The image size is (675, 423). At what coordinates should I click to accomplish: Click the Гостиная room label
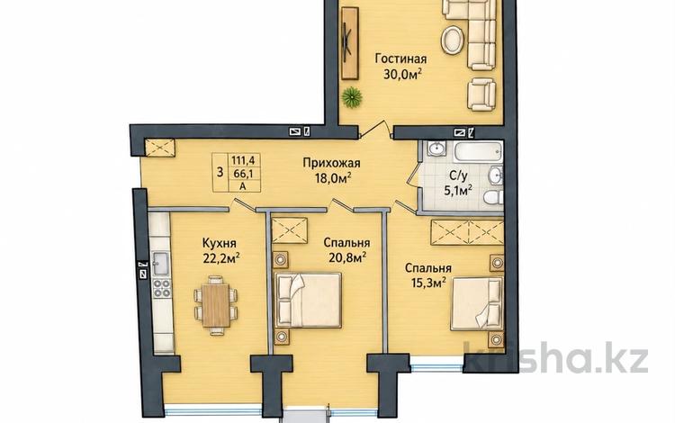click(x=400, y=58)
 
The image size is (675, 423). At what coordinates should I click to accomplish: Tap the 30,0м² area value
click(x=402, y=75)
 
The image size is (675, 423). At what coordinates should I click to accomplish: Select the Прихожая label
click(x=331, y=163)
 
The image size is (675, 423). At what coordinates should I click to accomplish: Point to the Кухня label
click(x=219, y=243)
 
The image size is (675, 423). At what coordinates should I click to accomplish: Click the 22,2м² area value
click(x=220, y=258)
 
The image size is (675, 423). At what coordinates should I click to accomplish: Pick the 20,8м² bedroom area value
click(x=347, y=257)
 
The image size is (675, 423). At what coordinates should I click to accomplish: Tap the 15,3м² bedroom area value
click(x=427, y=283)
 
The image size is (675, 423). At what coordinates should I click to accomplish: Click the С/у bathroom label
click(x=458, y=175)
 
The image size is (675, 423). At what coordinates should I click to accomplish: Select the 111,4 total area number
click(x=243, y=160)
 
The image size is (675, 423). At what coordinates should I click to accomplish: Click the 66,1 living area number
click(x=243, y=173)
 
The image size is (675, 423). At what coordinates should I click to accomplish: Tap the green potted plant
click(x=352, y=97)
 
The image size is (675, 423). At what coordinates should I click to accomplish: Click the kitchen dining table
click(x=216, y=305)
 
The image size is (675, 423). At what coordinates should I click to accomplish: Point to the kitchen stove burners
click(x=162, y=288)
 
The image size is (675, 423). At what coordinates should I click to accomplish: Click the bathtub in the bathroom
click(x=478, y=150)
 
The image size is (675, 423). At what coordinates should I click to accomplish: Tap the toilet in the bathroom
click(x=493, y=197)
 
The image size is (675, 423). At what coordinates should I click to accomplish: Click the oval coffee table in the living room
click(x=453, y=40)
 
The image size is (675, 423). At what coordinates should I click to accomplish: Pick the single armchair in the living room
click(x=481, y=94)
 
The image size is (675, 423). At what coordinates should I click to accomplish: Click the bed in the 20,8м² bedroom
click(x=308, y=300)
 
